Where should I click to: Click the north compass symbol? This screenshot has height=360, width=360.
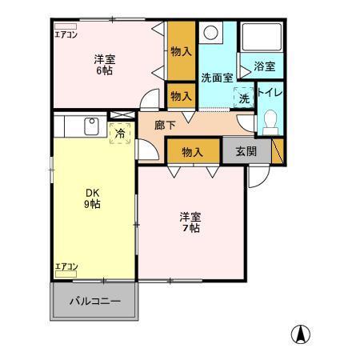(301, 335)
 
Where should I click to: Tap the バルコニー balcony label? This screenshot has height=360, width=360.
(95, 302)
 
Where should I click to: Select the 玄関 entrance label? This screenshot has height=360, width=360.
(246, 151)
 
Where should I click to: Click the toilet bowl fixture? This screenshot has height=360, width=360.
(270, 120)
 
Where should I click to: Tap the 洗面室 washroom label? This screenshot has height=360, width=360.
(216, 78)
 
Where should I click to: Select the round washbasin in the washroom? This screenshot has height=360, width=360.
(211, 34)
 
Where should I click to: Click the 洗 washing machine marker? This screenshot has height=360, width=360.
(244, 99)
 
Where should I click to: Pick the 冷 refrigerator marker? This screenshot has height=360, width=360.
(120, 134)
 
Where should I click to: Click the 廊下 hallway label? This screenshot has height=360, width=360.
(166, 125)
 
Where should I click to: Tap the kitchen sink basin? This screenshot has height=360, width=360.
(90, 126)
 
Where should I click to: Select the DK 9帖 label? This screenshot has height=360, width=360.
(94, 198)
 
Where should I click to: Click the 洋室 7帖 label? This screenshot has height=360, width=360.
(190, 222)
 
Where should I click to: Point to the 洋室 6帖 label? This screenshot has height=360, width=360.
(104, 64)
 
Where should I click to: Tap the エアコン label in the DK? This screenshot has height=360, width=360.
(66, 266)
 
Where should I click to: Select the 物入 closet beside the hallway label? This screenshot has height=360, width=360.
(193, 150)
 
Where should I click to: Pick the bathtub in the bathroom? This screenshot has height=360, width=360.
(262, 38)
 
